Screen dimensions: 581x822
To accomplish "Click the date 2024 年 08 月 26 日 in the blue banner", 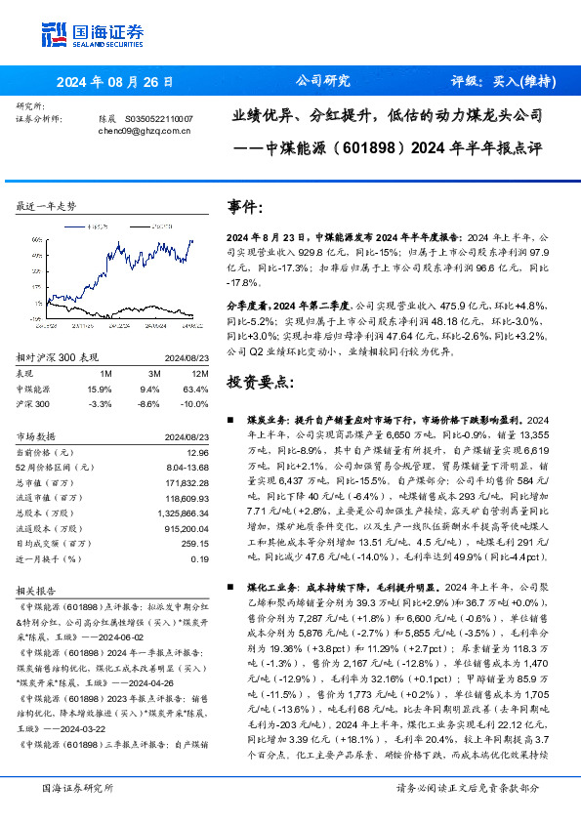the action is tap(115, 82).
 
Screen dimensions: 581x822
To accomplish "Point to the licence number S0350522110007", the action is tap(159, 117).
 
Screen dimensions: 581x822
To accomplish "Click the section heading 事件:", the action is tap(246, 208).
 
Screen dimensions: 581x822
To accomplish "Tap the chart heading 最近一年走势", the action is tap(46, 206).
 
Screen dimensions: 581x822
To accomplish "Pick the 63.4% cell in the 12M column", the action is tap(194, 387).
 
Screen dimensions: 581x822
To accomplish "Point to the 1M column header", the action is tap(105, 372).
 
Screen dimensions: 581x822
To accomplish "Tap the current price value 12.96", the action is tap(194, 453).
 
